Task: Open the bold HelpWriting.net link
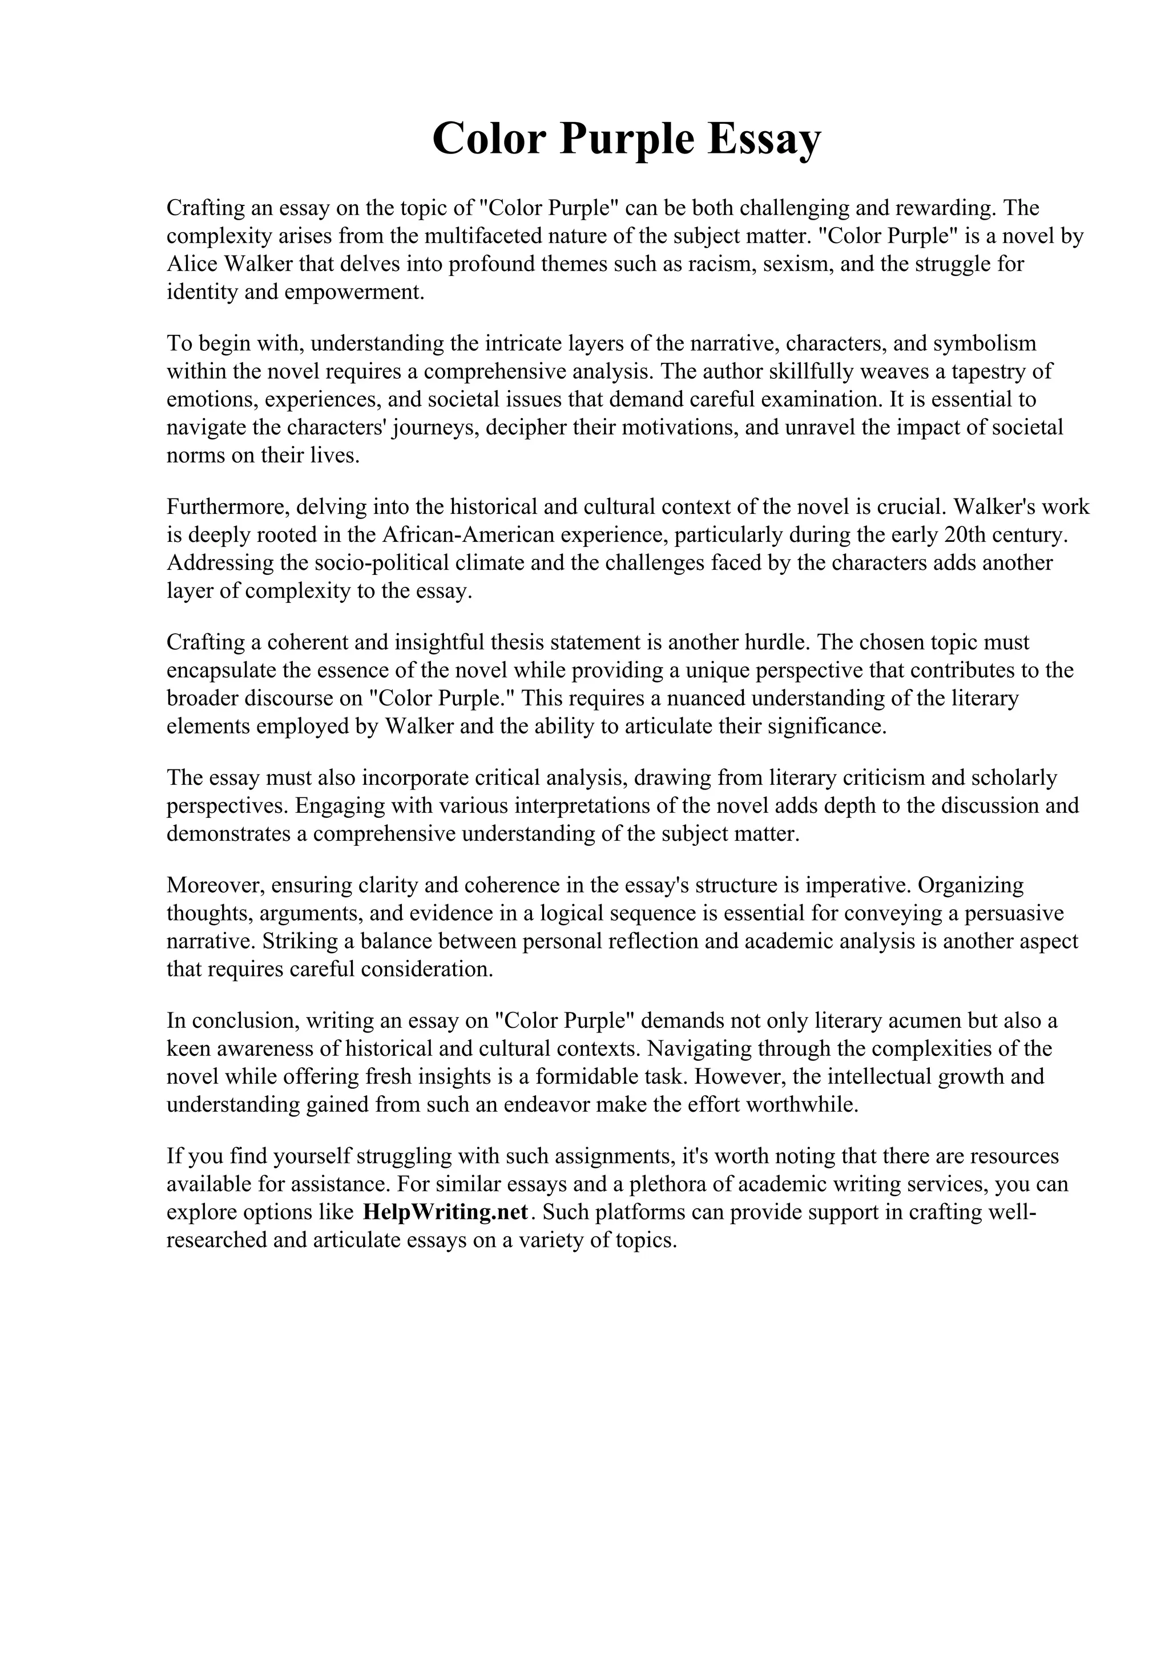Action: pos(446,1213)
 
